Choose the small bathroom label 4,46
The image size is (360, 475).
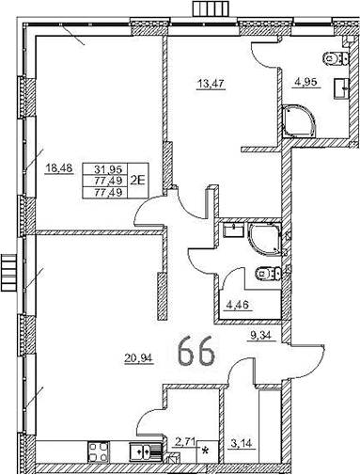238,303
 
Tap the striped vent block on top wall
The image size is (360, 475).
206,9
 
